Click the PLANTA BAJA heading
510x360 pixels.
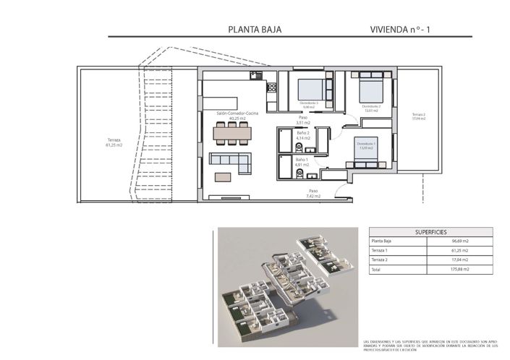point(254,30)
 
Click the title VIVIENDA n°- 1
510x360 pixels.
point(399,30)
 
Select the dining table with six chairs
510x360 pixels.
point(232,133)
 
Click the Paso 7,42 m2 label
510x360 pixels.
point(313,193)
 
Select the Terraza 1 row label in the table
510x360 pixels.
point(380,250)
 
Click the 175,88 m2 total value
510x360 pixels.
point(461,269)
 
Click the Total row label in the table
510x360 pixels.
point(375,269)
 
